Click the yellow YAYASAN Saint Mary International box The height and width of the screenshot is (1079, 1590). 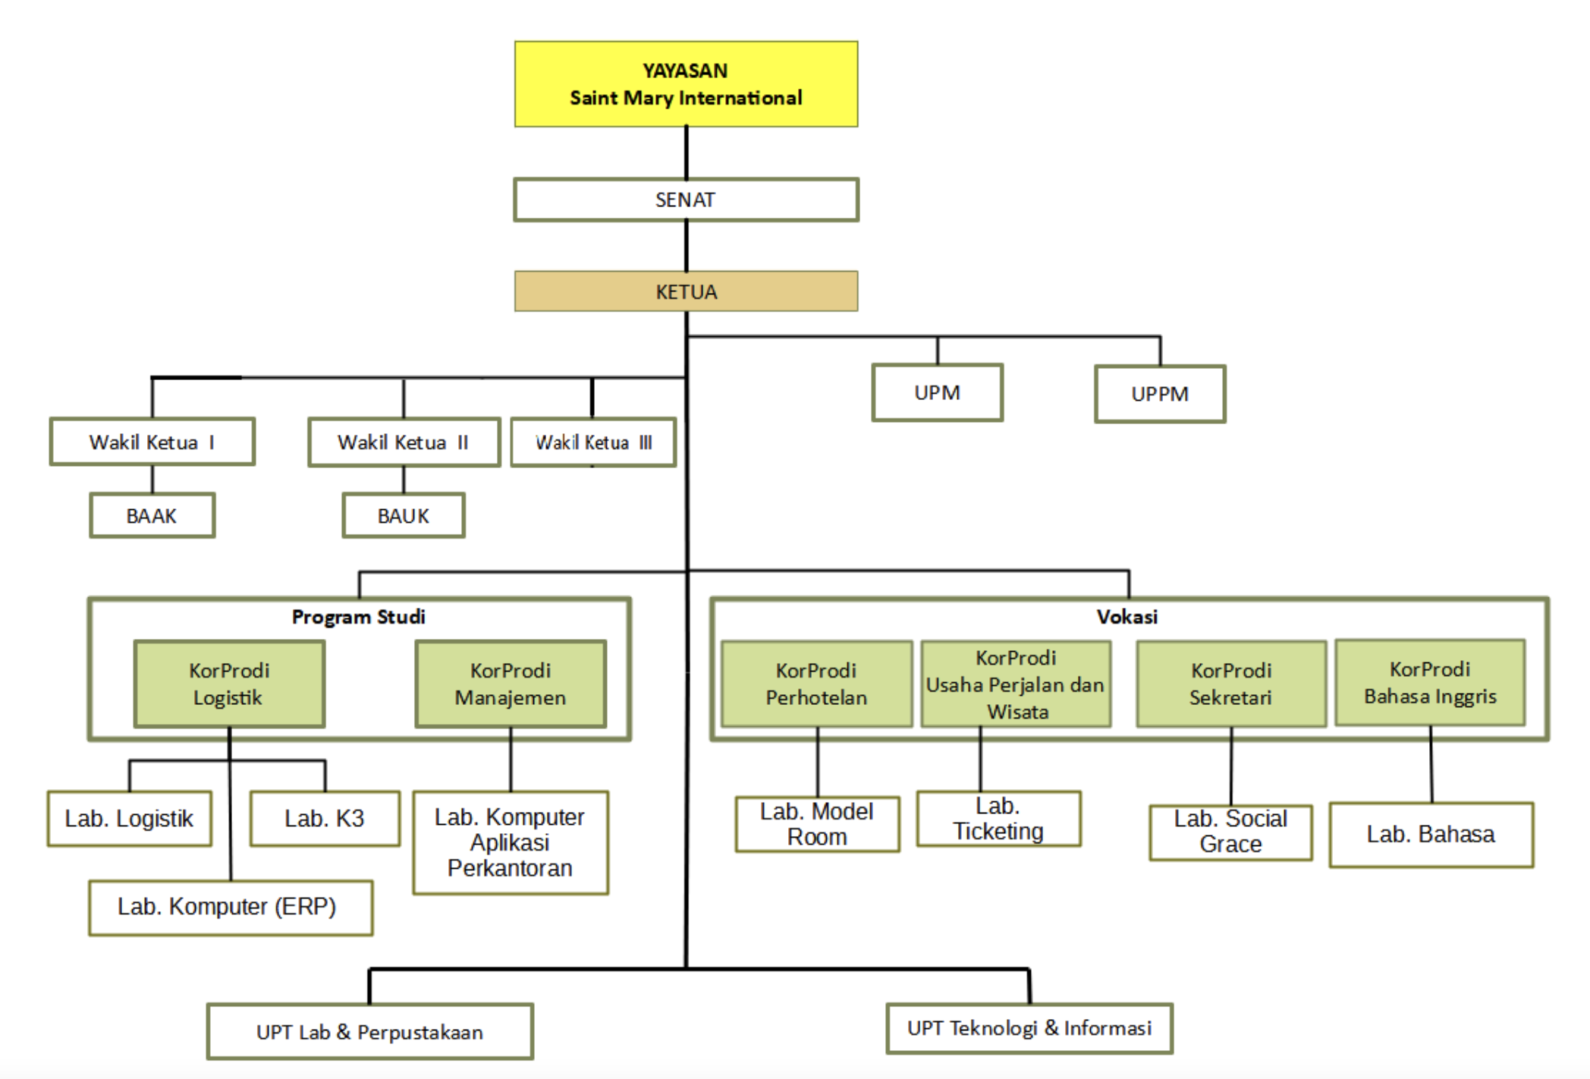pos(686,84)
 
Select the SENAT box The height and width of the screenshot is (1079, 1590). pos(686,200)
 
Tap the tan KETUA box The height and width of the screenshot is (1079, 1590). pos(686,291)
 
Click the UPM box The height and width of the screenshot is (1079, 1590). pos(937,392)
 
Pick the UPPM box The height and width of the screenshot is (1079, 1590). pos(1159,394)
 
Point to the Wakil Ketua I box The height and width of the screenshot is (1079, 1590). pos(152,442)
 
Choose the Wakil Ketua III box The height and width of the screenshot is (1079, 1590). pos(593,442)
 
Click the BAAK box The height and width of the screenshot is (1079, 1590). pos(152,516)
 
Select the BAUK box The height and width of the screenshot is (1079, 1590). pos(403,516)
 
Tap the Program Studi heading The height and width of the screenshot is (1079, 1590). pos(358,617)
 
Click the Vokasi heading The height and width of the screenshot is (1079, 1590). pos(1127,617)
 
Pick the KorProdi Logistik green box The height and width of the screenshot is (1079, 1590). pos(229,684)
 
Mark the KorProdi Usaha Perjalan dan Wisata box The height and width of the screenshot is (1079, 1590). pos(1016,684)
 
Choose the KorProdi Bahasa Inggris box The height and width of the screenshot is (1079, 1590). pos(1430,683)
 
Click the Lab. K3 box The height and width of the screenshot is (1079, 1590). pos(325,819)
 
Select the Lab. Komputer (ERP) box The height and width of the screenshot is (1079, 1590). pos(230,908)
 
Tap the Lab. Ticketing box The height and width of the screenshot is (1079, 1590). pos(998,819)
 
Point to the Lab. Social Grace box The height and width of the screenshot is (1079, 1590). pos(1230,832)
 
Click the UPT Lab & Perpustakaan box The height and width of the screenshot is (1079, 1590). pos(369,1032)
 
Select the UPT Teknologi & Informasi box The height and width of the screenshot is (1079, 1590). pos(1029,1028)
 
